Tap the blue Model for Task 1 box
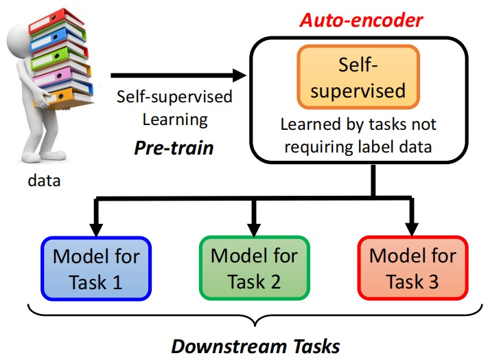click(x=96, y=268)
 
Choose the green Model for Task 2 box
click(x=254, y=268)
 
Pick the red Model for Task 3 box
click(x=413, y=268)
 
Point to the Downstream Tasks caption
click(x=255, y=345)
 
